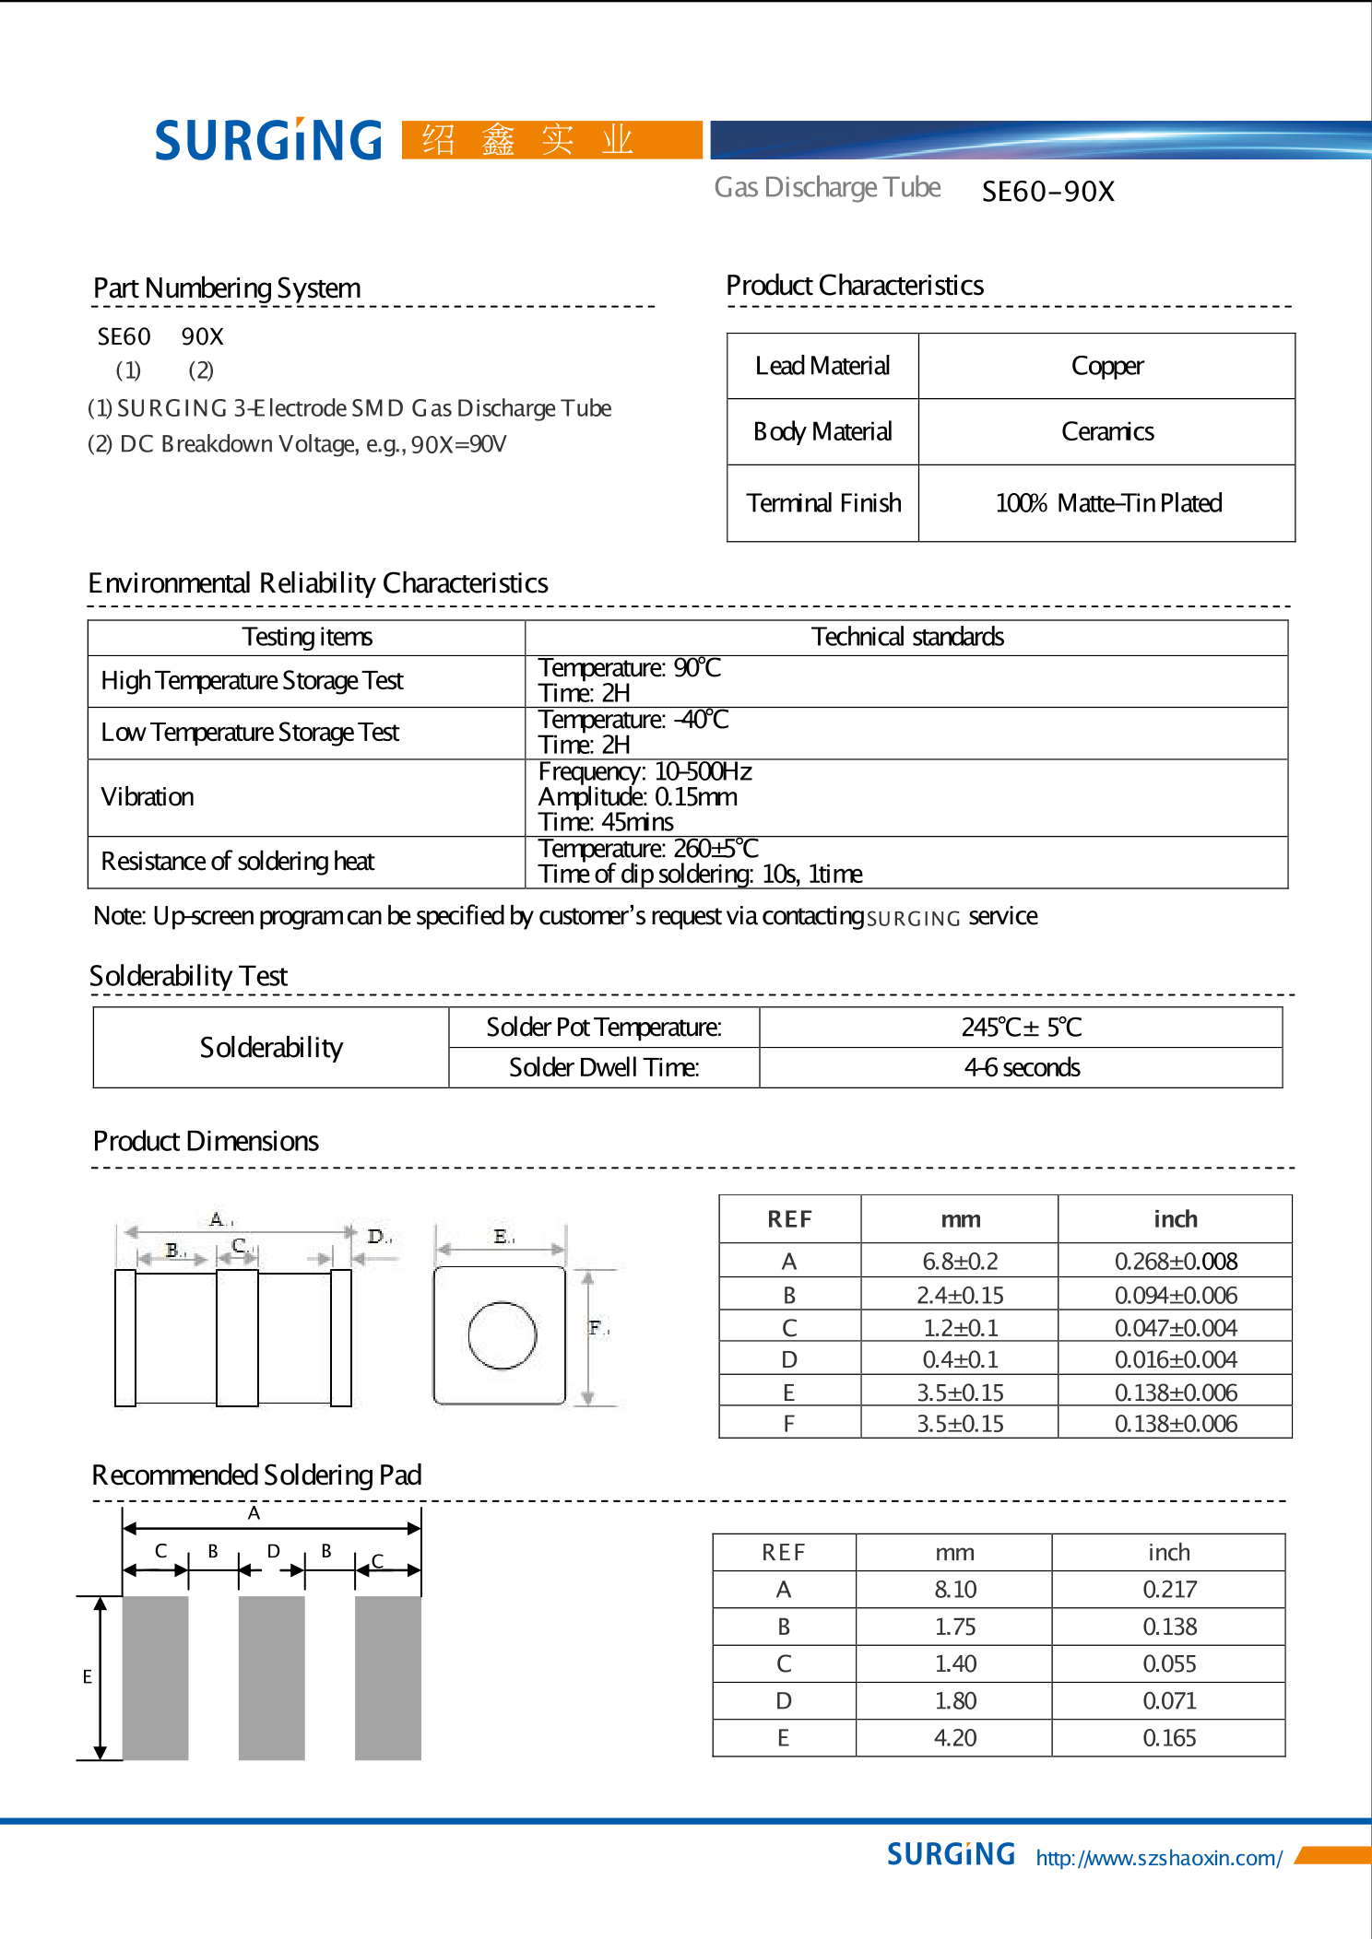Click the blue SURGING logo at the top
267,140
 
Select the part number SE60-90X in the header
1047,192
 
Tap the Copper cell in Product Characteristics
1106,366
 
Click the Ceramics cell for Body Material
1106,431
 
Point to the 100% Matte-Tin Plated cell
1107,503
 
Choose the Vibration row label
148,797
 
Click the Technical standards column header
906,637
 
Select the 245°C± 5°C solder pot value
1021,1028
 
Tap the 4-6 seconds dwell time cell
1021,1067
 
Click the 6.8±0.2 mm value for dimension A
960,1261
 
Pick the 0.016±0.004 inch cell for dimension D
1175,1359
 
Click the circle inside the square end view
502,1335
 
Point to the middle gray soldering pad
271,1677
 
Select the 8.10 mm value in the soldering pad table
954,1590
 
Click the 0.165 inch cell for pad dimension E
1168,1738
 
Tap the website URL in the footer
1158,1858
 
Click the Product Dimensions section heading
206,1141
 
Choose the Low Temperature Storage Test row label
250,733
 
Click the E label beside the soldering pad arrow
88,1676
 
